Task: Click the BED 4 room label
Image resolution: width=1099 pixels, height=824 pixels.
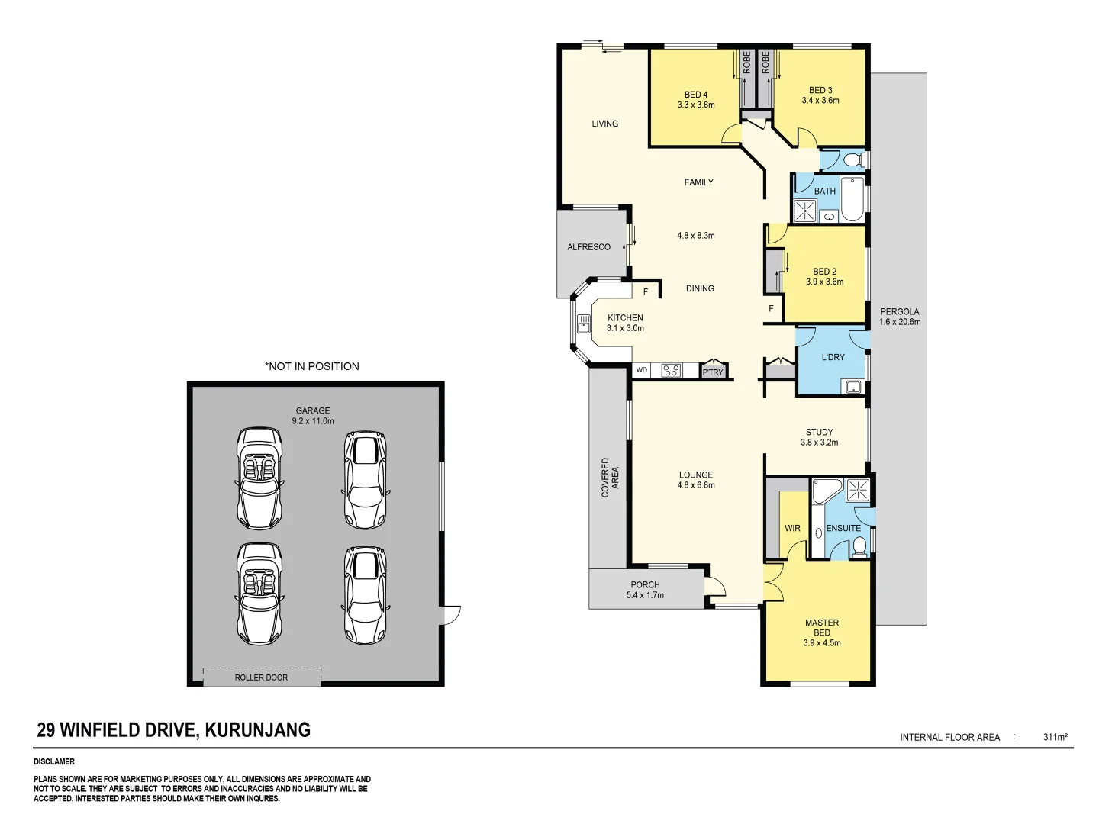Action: pyautogui.click(x=695, y=95)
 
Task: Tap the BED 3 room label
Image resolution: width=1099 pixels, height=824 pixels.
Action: pyautogui.click(x=820, y=90)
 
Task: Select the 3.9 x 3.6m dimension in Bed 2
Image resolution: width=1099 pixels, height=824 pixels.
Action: pyautogui.click(x=824, y=282)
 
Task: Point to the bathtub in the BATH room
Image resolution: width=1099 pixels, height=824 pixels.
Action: pyautogui.click(x=852, y=200)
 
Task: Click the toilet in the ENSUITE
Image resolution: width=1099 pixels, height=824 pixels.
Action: pyautogui.click(x=859, y=546)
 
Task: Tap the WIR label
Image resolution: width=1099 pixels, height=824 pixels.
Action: pyautogui.click(x=792, y=528)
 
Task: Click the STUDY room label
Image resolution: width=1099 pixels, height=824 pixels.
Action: pyautogui.click(x=819, y=432)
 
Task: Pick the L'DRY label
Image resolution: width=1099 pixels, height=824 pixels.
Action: pyautogui.click(x=833, y=357)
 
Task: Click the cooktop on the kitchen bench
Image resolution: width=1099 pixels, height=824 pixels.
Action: pyautogui.click(x=671, y=371)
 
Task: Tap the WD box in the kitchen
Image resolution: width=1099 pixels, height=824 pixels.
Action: pyautogui.click(x=642, y=370)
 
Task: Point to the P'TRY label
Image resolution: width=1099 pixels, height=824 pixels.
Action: pyautogui.click(x=713, y=372)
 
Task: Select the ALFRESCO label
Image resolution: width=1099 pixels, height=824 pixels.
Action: pyautogui.click(x=588, y=247)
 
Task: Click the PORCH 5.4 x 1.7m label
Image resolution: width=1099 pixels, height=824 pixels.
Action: pyautogui.click(x=645, y=590)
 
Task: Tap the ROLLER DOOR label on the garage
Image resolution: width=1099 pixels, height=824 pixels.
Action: pyautogui.click(x=261, y=678)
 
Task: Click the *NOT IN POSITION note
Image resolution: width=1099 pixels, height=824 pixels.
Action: pyautogui.click(x=312, y=366)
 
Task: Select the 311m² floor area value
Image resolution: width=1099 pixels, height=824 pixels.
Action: pyautogui.click(x=1055, y=737)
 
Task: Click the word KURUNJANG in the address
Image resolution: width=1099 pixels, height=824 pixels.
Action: pyautogui.click(x=258, y=730)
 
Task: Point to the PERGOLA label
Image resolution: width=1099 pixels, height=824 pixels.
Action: pyautogui.click(x=899, y=311)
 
